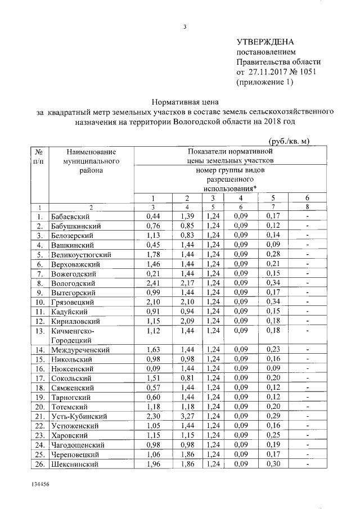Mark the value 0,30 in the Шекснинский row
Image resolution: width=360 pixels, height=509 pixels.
(273, 464)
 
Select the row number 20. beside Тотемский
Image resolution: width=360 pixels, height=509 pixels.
(39, 407)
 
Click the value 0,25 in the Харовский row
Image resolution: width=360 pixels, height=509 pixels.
(273, 435)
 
